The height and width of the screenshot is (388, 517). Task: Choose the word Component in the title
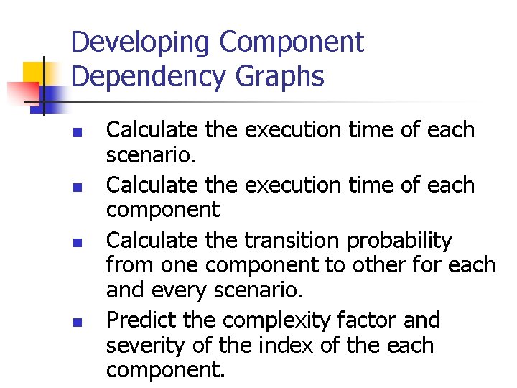point(292,43)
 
